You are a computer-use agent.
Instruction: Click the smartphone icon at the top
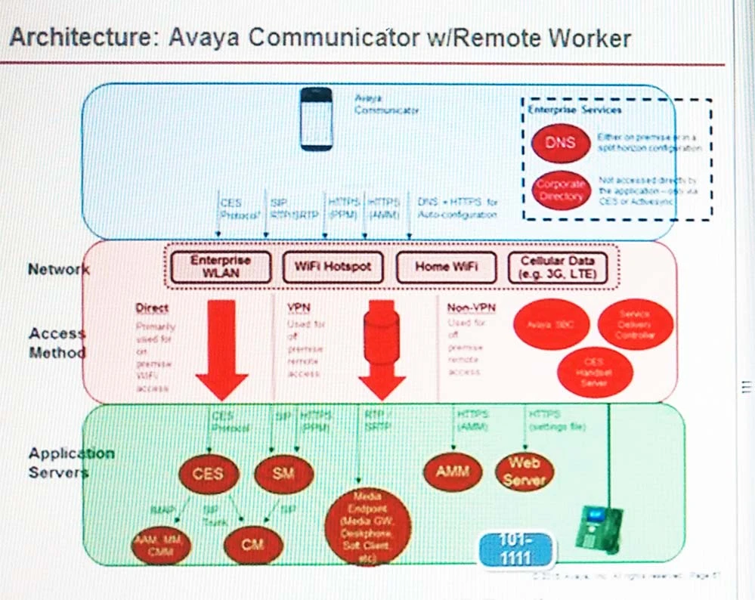316,119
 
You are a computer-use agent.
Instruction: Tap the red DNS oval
561,143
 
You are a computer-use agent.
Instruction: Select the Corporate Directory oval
561,190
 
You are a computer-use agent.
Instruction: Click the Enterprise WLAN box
220,267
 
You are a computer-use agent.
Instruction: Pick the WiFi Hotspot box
333,267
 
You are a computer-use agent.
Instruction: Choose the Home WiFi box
446,267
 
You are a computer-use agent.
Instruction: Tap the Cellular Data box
558,267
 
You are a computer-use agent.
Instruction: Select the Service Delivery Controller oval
635,324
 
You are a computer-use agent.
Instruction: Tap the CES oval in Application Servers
208,474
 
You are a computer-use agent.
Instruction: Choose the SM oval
283,474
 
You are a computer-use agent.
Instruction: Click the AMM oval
453,472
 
